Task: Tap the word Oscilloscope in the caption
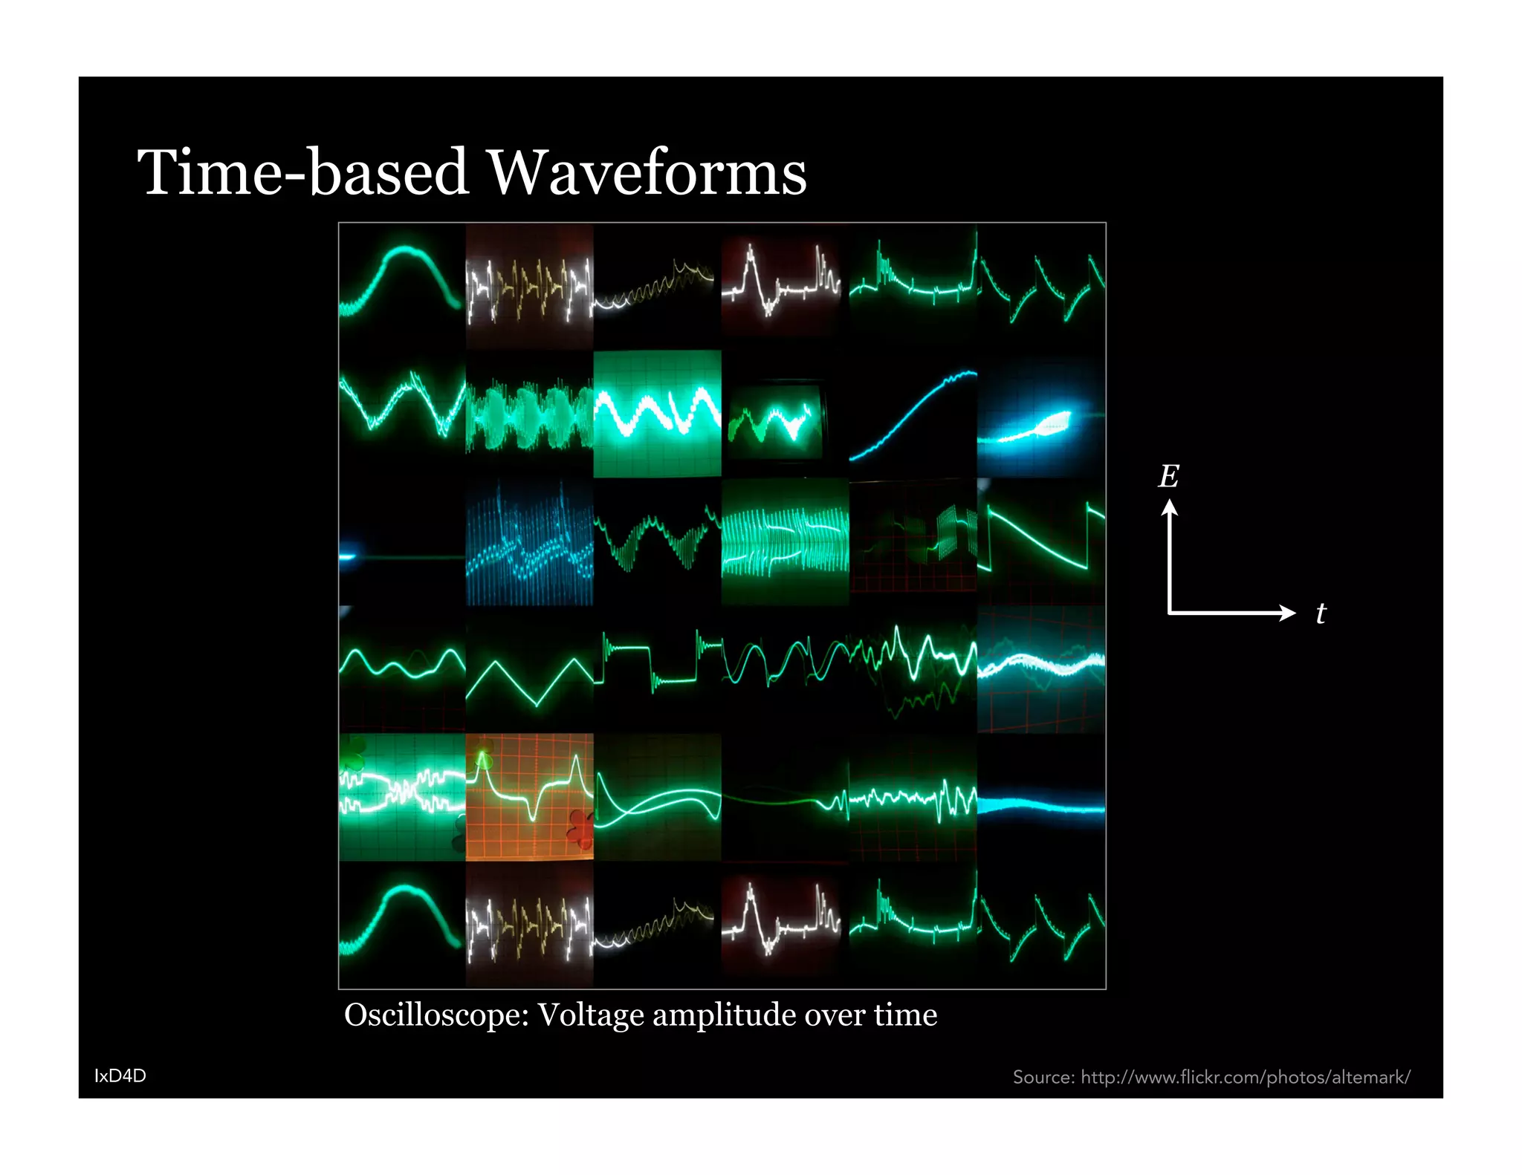436,1015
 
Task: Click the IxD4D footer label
120,1075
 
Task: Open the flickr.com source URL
1246,1077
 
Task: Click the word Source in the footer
1043,1077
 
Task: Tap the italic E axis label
1168,476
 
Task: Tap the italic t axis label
1321,613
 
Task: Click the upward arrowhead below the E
1170,507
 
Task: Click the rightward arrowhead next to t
1288,613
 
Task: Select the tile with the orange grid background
530,797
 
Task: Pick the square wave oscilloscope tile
658,669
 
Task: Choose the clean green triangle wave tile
530,669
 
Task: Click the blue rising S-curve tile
913,414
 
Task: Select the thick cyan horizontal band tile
1041,797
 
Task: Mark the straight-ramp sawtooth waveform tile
1041,541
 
